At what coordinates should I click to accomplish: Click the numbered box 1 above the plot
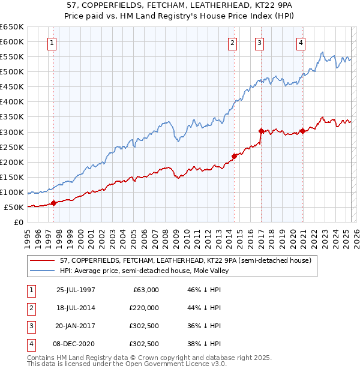pos(53,43)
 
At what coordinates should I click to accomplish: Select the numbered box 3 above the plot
pos(259,43)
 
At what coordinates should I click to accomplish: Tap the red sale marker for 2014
pos(234,156)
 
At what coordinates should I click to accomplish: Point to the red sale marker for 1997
pos(54,203)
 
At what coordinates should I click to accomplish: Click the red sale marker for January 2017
pos(261,131)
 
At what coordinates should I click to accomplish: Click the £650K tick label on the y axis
pos(12,27)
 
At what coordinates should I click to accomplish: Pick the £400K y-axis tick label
pos(12,102)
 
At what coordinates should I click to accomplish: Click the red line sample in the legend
pos(42,261)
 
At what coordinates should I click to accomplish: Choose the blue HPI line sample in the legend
pos(42,271)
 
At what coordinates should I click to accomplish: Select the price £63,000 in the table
pos(146,290)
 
